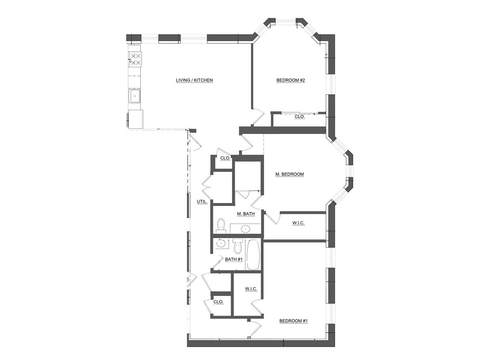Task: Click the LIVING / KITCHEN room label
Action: click(x=194, y=80)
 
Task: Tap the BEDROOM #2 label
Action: click(x=290, y=80)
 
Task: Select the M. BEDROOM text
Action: click(x=290, y=174)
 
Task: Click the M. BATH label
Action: click(x=246, y=214)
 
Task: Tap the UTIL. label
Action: click(x=202, y=201)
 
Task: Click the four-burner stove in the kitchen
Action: click(x=136, y=59)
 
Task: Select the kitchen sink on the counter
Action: click(x=135, y=96)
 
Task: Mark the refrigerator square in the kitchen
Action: click(x=136, y=119)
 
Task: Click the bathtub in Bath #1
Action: click(x=253, y=255)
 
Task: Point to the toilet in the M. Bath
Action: click(x=221, y=225)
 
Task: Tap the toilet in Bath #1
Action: click(x=238, y=247)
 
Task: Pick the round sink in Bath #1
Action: click(x=221, y=244)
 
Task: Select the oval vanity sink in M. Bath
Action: click(x=246, y=229)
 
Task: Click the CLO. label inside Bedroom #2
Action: click(x=300, y=116)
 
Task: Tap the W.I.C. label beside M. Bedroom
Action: click(x=298, y=223)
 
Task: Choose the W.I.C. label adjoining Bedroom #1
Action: click(x=251, y=289)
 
